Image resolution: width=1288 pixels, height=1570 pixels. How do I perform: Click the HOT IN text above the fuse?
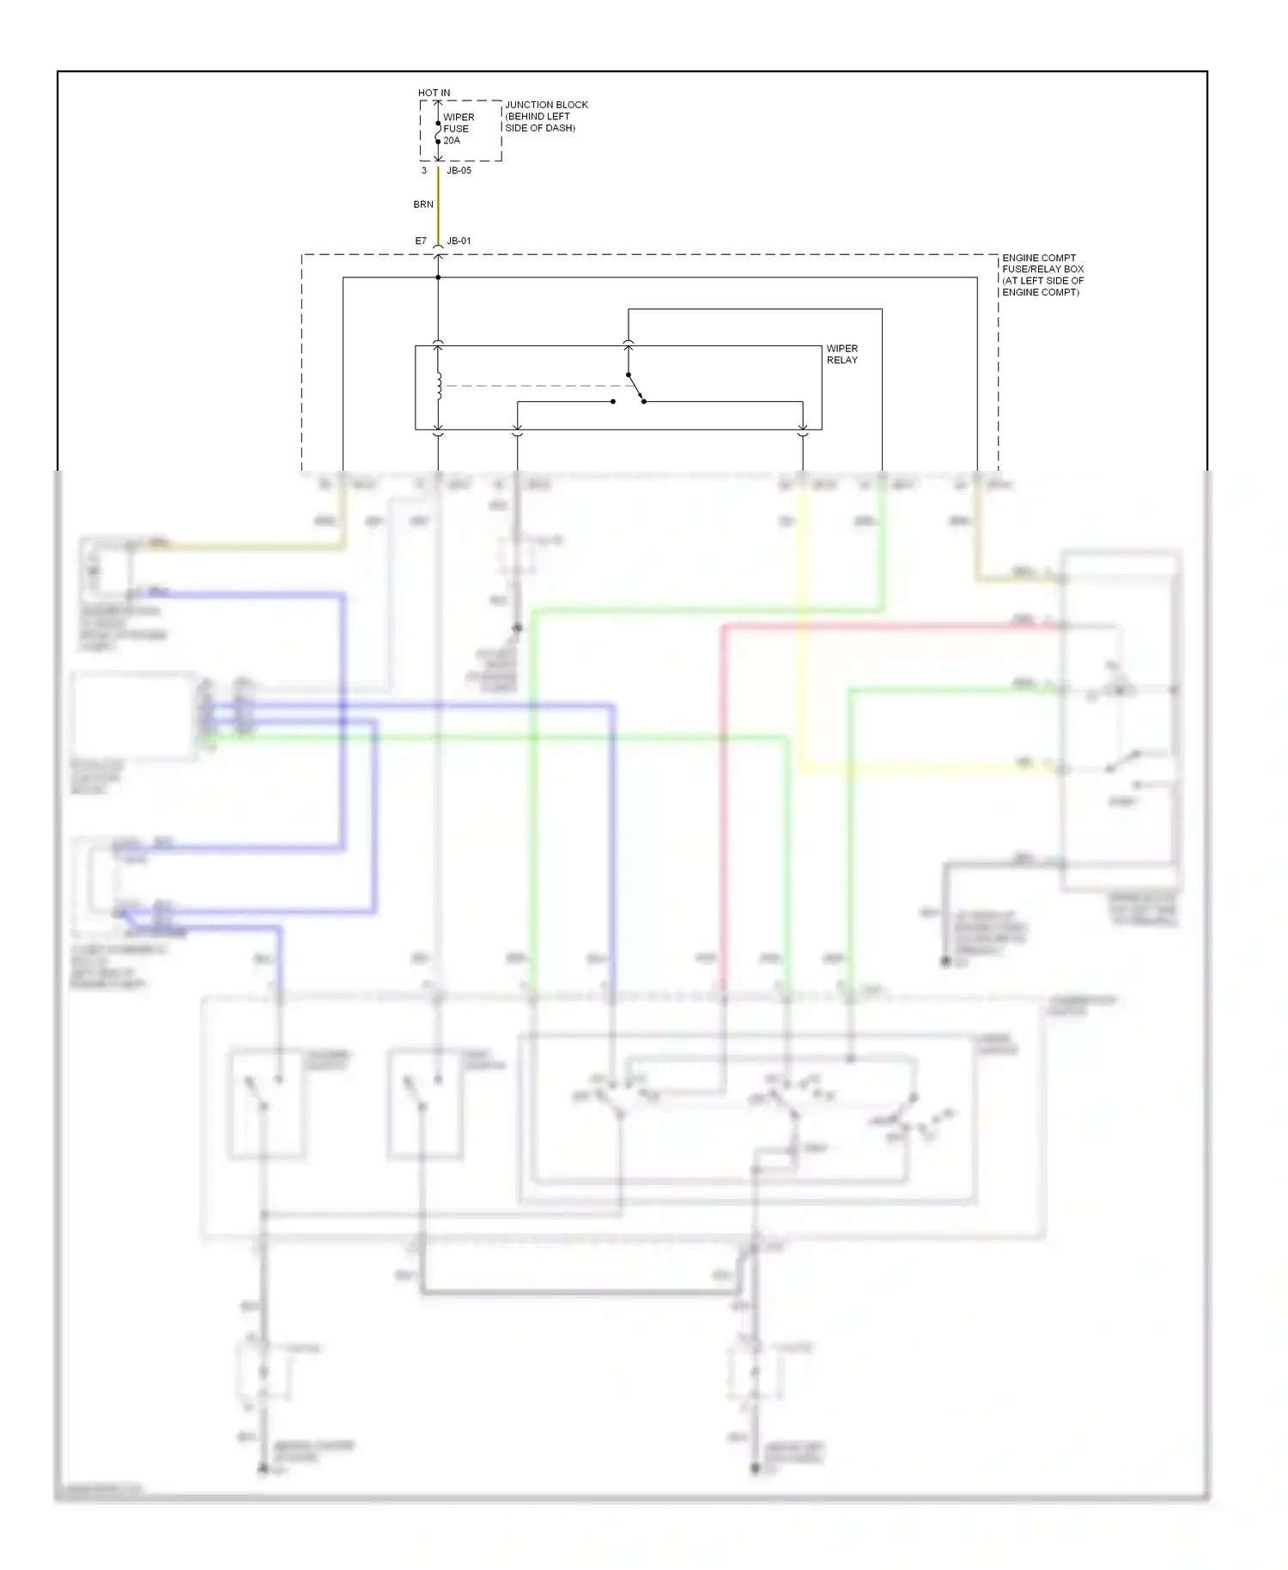(x=434, y=93)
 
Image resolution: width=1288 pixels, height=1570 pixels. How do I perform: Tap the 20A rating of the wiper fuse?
(x=452, y=141)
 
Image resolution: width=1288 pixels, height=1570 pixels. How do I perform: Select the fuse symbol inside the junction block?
(x=438, y=132)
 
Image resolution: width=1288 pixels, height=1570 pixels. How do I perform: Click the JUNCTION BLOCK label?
(x=546, y=105)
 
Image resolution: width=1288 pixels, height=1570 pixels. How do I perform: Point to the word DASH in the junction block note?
(x=559, y=128)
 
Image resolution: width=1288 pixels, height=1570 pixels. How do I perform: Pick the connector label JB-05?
(x=459, y=171)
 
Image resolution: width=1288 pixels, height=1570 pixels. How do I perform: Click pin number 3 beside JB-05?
(x=423, y=171)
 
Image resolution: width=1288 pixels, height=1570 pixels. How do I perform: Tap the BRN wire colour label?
(x=423, y=204)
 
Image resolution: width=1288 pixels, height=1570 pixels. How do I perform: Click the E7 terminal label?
(x=421, y=241)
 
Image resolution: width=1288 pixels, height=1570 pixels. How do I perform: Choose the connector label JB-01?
(x=459, y=241)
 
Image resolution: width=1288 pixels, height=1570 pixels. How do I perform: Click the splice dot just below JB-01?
(x=438, y=277)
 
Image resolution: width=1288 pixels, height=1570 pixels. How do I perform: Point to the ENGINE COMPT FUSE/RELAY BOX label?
(x=1042, y=275)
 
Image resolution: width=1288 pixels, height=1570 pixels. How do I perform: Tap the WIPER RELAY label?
(x=841, y=354)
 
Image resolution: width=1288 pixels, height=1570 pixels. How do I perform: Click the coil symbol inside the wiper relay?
(x=439, y=386)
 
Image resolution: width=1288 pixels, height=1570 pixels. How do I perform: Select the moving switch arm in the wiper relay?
(x=635, y=388)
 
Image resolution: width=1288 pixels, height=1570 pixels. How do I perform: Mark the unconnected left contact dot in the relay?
(x=613, y=402)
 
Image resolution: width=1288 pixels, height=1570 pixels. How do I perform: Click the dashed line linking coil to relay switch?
(x=532, y=386)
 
